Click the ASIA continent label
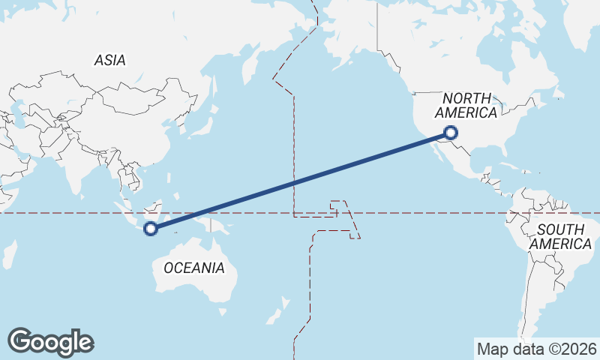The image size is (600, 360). pos(109,61)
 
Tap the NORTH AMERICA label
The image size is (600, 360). pos(466,106)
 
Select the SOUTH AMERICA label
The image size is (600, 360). pos(560,237)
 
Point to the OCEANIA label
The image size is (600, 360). pos(193,268)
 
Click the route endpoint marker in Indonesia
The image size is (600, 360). pos(151,229)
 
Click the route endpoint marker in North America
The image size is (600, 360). pos(451,133)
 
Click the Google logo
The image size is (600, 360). pos(50,342)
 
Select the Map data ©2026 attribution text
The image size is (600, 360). pos(536,349)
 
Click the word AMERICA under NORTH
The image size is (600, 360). pos(466,113)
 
